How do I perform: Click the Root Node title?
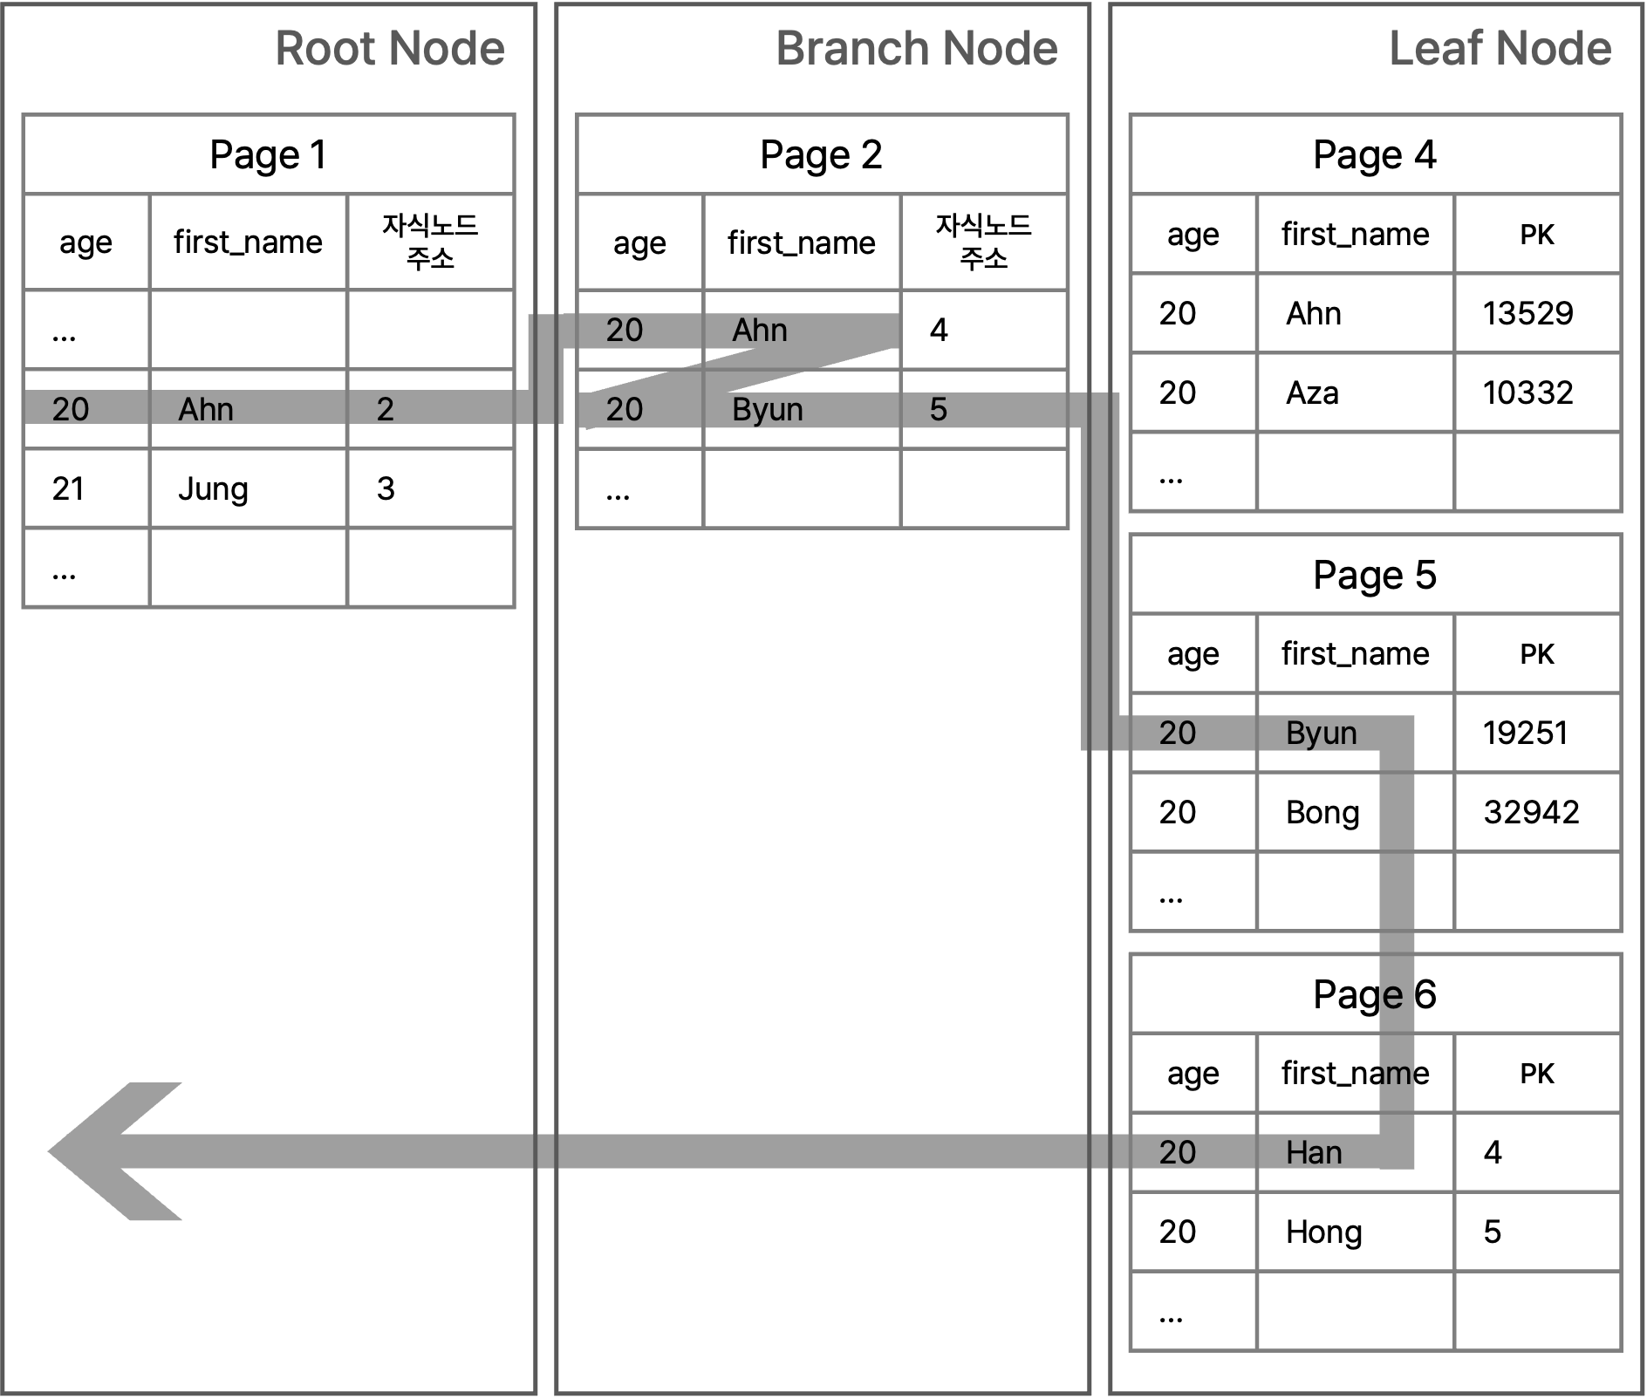(390, 49)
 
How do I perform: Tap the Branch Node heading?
(916, 49)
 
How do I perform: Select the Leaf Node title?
(1500, 49)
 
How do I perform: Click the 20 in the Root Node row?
(71, 409)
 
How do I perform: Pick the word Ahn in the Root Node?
(206, 409)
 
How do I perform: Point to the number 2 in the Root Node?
(385, 409)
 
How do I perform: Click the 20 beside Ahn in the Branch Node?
(625, 331)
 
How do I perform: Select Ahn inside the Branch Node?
(760, 331)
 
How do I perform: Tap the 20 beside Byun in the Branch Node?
(625, 409)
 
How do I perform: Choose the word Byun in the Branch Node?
(768, 409)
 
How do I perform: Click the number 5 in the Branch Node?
(938, 409)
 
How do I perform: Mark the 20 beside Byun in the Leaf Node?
(1178, 734)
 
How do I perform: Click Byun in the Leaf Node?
(1321, 734)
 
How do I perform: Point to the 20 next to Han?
(1178, 1153)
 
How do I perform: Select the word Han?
(1314, 1153)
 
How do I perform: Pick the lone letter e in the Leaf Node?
(1393, 996)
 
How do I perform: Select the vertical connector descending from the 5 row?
(1097, 576)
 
